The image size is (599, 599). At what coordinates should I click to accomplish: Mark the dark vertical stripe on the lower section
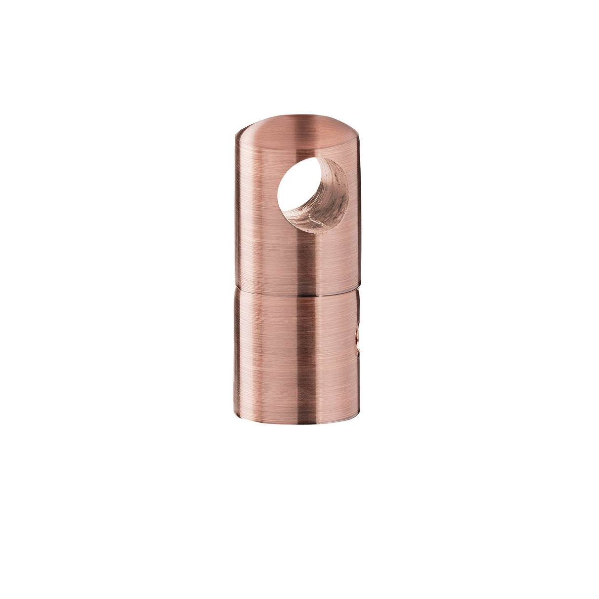[299, 355]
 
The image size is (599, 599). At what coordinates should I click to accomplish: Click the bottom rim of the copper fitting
[296, 422]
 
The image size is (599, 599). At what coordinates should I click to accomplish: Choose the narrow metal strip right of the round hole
[354, 197]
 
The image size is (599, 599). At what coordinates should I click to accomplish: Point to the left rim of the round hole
[279, 195]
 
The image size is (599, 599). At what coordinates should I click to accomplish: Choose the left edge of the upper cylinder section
[236, 212]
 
